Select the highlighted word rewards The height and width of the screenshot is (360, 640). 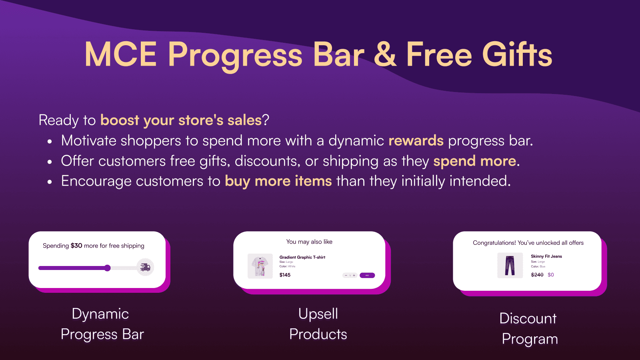click(416, 141)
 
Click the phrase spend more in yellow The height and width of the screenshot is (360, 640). click(474, 161)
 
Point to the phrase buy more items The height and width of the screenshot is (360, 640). click(278, 181)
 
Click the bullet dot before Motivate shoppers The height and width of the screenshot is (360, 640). click(50, 142)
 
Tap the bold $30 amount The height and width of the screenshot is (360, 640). click(76, 246)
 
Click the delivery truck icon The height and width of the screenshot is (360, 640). click(145, 267)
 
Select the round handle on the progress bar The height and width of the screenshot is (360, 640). click(107, 268)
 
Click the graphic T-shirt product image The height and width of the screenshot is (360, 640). click(260, 266)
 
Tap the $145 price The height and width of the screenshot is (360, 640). click(285, 275)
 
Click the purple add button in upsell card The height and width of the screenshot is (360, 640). click(367, 275)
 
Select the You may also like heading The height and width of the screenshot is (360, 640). click(309, 242)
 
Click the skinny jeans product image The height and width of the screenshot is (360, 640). click(510, 265)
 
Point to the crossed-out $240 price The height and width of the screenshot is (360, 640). click(537, 275)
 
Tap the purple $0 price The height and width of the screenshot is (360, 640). click(551, 275)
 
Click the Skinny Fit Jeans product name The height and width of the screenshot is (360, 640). click(546, 256)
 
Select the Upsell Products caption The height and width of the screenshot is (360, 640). click(318, 324)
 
